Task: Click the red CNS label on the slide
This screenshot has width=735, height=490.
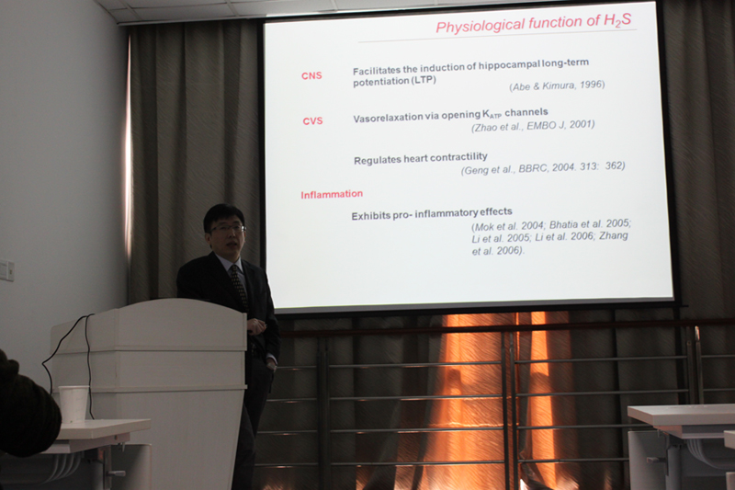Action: (311, 76)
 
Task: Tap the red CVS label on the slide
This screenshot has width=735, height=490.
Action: (312, 121)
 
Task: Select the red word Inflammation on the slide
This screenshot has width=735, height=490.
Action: (332, 194)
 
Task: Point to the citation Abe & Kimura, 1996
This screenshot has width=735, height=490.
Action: (557, 85)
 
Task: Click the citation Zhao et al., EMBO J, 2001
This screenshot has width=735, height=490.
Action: (533, 126)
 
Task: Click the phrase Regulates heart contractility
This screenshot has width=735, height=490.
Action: (421, 158)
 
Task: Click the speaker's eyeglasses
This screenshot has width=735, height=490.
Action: (228, 228)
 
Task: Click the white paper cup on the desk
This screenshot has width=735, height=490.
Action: (73, 405)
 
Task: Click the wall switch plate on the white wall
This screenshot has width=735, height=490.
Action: (6, 270)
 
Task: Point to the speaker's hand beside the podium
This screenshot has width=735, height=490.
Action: (256, 325)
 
